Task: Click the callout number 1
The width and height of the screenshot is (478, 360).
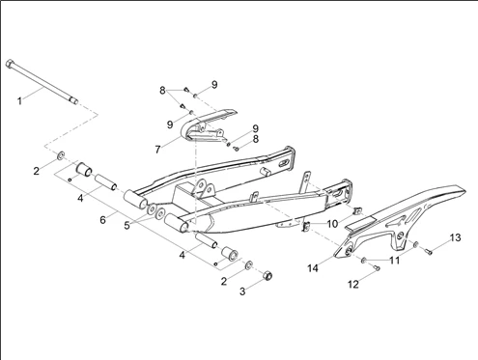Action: (x=20, y=101)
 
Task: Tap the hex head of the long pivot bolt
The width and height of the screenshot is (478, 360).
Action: (x=10, y=63)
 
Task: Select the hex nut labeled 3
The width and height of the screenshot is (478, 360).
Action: (x=268, y=276)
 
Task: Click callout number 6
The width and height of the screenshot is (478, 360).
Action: (x=102, y=220)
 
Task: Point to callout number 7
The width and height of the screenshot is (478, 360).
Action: (x=157, y=150)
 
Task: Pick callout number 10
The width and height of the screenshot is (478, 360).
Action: (x=332, y=224)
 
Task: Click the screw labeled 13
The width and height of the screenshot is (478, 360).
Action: (x=428, y=252)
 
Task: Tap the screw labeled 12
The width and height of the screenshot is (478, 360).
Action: (x=378, y=267)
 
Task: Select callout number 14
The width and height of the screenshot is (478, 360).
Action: (x=313, y=268)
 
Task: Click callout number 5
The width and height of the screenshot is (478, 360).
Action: (x=127, y=226)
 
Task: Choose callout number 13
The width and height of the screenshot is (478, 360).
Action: (x=455, y=238)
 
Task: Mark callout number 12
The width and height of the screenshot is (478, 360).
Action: (x=353, y=285)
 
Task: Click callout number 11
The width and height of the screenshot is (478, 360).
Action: (x=394, y=261)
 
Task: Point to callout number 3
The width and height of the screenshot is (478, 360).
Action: (x=242, y=291)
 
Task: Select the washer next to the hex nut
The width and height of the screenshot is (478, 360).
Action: (x=248, y=265)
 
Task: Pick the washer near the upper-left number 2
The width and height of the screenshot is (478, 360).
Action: (x=61, y=156)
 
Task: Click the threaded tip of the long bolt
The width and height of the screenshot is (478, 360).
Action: (x=74, y=101)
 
